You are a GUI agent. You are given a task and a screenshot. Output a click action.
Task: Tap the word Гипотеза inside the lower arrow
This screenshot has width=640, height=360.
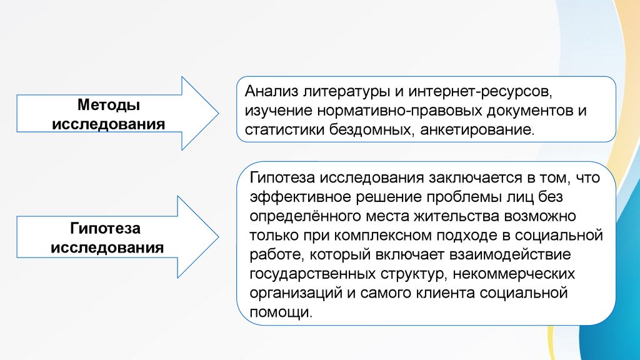pyautogui.click(x=109, y=226)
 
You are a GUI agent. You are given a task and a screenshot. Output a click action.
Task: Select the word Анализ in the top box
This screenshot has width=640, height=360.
pyautogui.click(x=271, y=92)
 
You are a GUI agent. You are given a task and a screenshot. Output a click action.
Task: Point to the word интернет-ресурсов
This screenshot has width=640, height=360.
pyautogui.click(x=482, y=92)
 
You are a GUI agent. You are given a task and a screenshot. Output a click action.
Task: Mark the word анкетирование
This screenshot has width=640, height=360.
pyautogui.click(x=474, y=131)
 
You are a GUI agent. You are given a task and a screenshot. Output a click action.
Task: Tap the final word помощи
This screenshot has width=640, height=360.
pyautogui.click(x=279, y=312)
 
